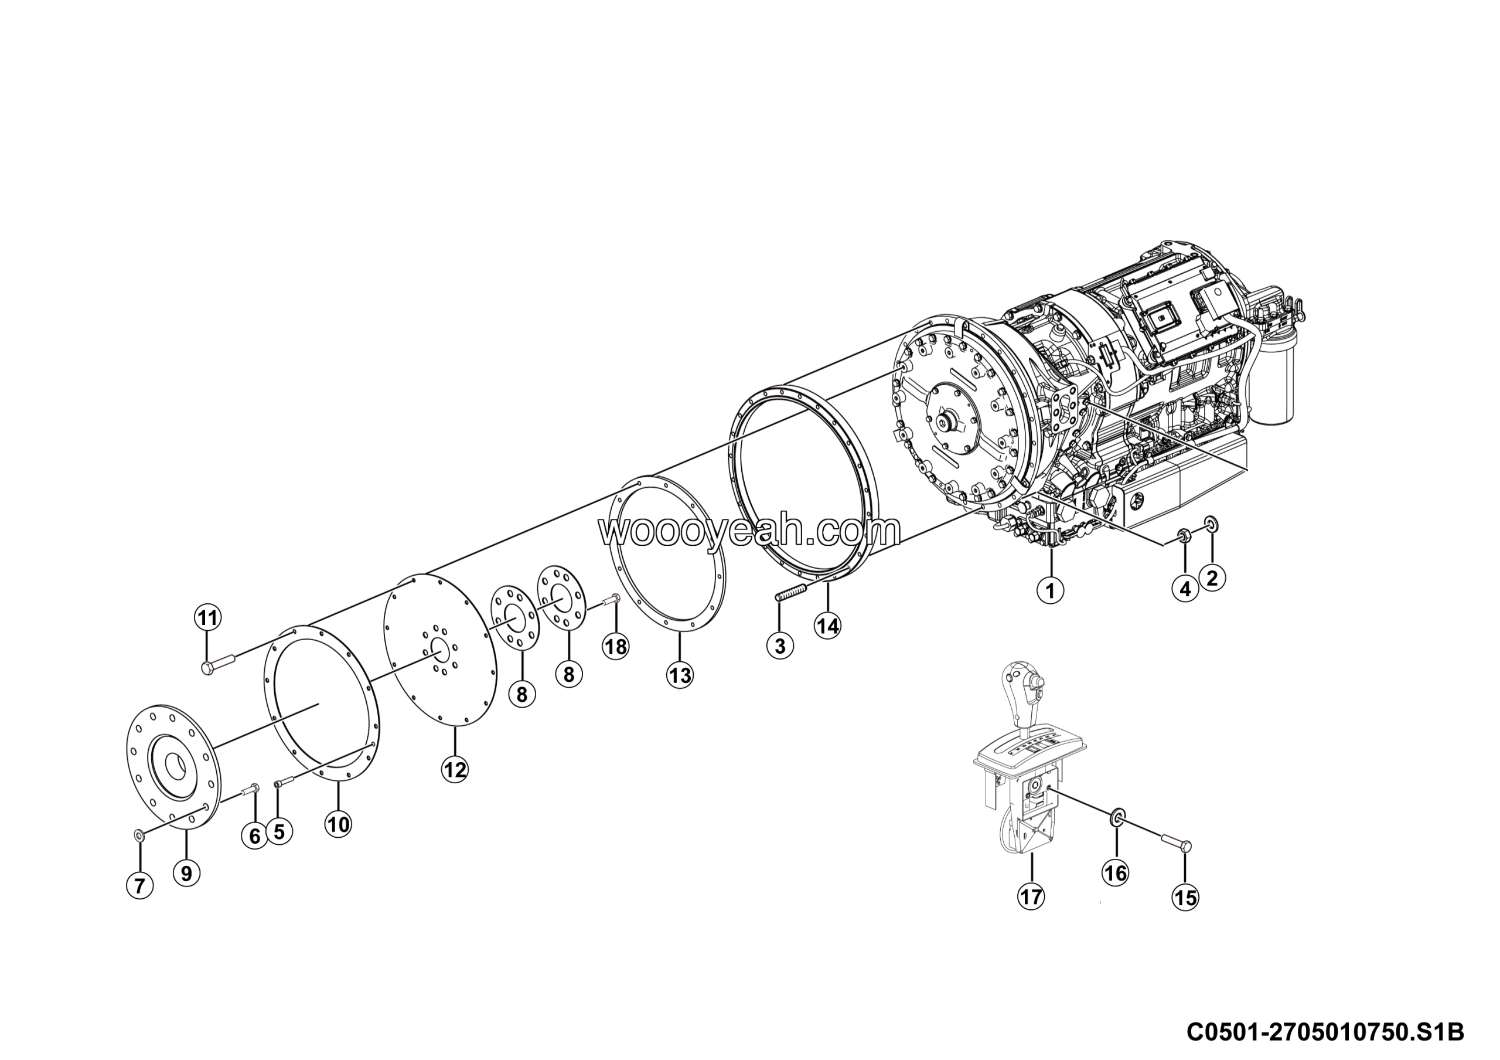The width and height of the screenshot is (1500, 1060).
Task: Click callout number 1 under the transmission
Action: click(x=1051, y=591)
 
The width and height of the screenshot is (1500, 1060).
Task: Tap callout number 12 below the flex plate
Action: click(x=455, y=770)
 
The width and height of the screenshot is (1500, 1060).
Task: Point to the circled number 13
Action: click(x=680, y=674)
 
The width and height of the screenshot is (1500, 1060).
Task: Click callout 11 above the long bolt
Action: click(x=208, y=617)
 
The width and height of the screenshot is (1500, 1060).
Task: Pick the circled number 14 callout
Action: click(x=827, y=626)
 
